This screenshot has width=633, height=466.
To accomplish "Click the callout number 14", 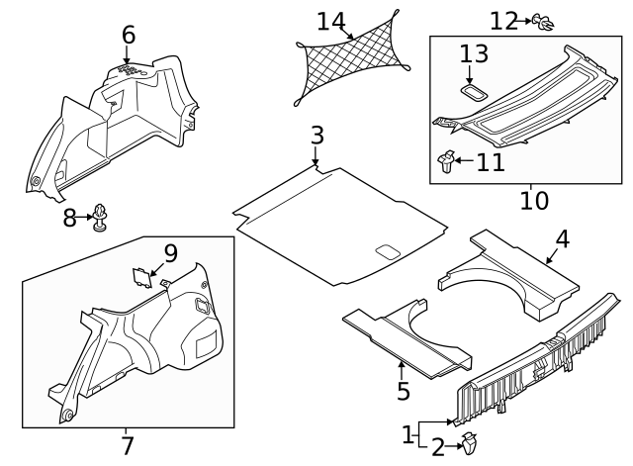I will point(331,20).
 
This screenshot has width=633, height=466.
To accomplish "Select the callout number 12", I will point(503,20).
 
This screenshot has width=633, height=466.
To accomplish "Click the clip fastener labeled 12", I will point(541,20).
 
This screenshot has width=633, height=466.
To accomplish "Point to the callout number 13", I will point(474,55).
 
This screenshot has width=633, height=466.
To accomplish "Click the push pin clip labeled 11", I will point(446,159).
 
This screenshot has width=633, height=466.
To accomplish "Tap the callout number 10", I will point(533,201).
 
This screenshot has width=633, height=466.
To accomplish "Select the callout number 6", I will point(128,35).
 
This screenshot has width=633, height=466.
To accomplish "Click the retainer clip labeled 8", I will point(101,217).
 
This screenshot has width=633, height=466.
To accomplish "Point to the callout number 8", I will point(69,218).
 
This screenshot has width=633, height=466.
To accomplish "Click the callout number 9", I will point(170,254).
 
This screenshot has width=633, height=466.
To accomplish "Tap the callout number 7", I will point(127,446).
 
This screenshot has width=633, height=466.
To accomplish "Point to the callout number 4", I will point(562,238).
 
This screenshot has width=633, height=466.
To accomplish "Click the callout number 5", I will point(403,391).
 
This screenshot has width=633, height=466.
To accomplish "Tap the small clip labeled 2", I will point(469,447).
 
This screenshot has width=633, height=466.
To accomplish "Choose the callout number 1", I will point(407,434).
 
